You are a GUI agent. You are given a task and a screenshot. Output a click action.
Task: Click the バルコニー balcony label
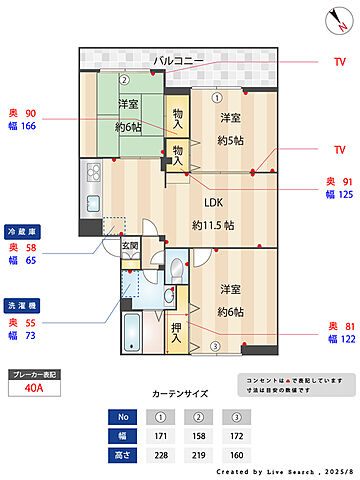[x=179, y=61]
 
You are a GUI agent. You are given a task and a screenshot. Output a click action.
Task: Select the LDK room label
[x=213, y=201]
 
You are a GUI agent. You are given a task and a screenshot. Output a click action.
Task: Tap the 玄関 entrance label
[x=130, y=244]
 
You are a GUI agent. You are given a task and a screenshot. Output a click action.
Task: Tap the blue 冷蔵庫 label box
[x=23, y=228]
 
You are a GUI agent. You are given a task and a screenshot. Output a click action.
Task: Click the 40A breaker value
[x=33, y=390]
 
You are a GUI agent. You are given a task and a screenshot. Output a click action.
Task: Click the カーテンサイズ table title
[x=180, y=394]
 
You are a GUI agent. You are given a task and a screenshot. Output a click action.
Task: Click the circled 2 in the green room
[x=124, y=81]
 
